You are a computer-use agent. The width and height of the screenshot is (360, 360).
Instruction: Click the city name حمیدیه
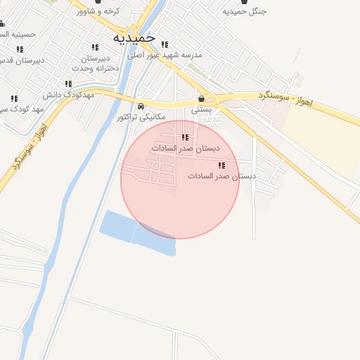pyautogui.click(x=134, y=37)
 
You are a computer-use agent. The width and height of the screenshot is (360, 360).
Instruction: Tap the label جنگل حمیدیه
pyautogui.click(x=244, y=12)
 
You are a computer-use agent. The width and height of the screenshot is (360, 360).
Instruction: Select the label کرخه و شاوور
pyautogui.click(x=100, y=11)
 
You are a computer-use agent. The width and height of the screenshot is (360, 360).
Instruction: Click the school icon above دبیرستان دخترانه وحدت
pyautogui.click(x=95, y=48)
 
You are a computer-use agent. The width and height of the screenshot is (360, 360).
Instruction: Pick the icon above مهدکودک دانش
pyautogui.click(x=68, y=83)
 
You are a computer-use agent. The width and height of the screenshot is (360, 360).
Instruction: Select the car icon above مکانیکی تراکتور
pyautogui.click(x=141, y=106)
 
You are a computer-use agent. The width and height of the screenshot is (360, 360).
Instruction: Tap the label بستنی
pyautogui.click(x=201, y=110)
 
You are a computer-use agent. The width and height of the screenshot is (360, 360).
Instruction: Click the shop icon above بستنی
pyautogui.click(x=202, y=99)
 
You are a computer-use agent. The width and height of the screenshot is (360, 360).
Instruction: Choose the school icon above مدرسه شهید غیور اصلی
pyautogui.click(x=184, y=45)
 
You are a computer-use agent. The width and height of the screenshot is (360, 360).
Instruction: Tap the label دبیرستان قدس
pyautogui.click(x=21, y=60)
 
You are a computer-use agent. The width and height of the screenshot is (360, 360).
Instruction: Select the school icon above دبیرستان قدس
pyautogui.click(x=19, y=49)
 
